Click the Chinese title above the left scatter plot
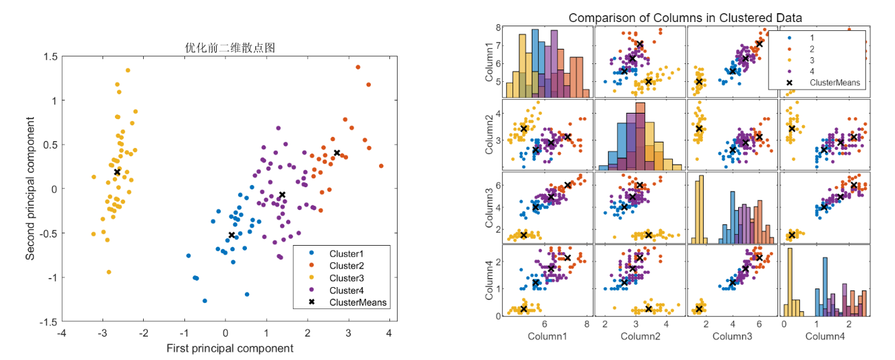[226, 48]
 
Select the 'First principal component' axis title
[230, 348]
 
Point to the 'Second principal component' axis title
[31, 187]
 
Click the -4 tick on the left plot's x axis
[62, 334]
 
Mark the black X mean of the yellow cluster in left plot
[117, 172]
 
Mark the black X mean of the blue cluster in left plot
[232, 235]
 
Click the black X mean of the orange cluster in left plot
[337, 153]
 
